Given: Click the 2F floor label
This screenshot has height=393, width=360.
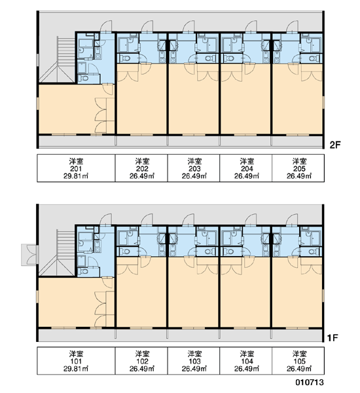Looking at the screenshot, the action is [335, 145].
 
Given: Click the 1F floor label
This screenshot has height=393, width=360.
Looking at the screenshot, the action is [333, 338].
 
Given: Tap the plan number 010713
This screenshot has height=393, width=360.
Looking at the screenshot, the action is [310, 383].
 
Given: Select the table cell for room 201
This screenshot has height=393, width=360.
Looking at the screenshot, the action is [76, 168].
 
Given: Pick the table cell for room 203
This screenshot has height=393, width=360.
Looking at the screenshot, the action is [194, 168].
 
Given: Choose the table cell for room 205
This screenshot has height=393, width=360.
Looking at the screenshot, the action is [298, 168].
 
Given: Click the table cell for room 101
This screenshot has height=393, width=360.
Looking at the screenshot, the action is [76, 361].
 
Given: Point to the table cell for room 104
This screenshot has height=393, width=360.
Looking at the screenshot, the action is [246, 361].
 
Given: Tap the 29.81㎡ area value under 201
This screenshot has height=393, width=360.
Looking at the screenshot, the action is [76, 176].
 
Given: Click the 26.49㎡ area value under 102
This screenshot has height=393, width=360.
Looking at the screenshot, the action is [142, 369].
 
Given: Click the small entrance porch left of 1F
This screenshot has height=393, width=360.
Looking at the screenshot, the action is [29, 254].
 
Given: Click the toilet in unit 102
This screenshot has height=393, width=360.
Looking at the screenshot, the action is [126, 252].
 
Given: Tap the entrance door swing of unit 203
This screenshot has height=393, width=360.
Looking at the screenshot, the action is [188, 27].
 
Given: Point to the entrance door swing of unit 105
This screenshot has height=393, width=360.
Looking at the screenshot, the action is [293, 220].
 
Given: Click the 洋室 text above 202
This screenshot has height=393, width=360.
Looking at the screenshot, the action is [142, 161].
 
